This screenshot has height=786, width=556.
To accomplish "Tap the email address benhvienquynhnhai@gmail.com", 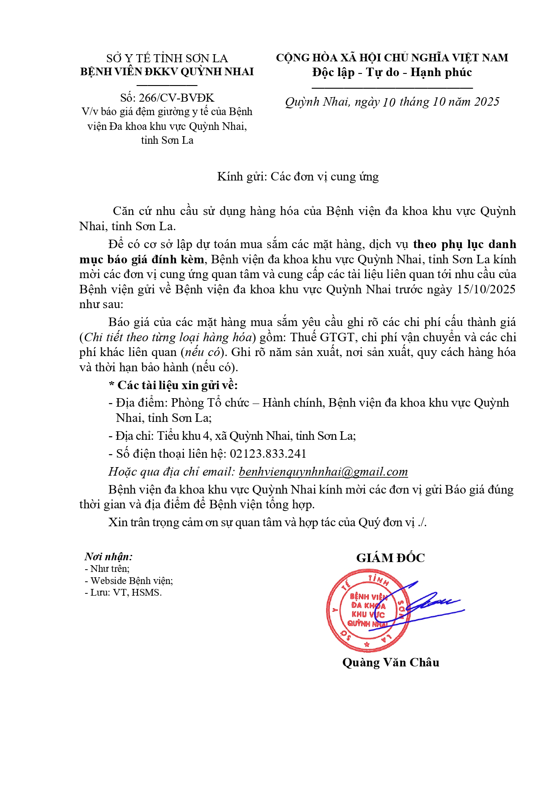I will pos(323,472).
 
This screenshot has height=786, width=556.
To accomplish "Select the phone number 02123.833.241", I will pos(268,454).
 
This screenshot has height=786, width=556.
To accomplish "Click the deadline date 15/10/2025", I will pos(486,289).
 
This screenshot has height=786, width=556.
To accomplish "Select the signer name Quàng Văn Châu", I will pos(391,662).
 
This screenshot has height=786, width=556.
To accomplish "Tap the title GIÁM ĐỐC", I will pos(390,558).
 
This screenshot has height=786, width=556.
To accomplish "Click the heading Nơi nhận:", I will pos(108,557).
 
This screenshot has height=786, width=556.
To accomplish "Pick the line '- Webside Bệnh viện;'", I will pos(129,581).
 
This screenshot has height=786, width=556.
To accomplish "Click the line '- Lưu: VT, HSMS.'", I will pos(123,593).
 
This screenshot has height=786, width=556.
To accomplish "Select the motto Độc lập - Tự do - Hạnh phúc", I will pos(392,73).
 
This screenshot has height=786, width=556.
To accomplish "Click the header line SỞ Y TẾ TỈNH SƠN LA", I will pos(167,59).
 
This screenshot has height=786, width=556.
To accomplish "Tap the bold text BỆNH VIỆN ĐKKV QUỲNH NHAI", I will pos(167,72).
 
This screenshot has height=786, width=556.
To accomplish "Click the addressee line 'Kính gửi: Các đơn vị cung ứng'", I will pos(298,177).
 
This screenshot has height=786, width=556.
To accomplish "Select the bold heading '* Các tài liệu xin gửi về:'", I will pos(173,385).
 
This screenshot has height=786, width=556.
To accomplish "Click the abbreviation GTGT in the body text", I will pos(337,337).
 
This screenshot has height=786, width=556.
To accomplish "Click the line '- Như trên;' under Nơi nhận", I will pos(107,569).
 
